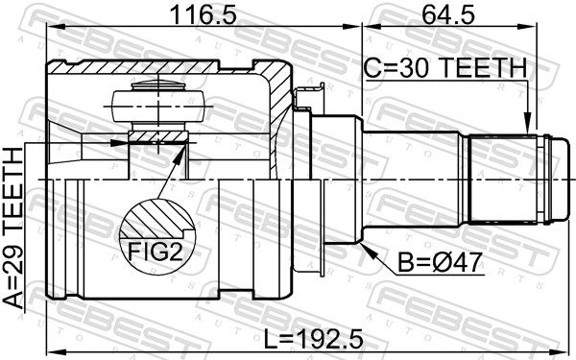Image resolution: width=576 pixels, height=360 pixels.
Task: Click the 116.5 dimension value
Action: [x=204, y=15]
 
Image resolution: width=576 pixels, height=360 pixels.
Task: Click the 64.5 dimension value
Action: [x=448, y=15]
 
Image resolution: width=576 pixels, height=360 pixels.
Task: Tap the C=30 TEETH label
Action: [x=445, y=68]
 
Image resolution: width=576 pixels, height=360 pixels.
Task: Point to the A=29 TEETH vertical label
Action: [x=13, y=228]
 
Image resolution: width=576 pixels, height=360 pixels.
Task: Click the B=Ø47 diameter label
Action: [x=440, y=262]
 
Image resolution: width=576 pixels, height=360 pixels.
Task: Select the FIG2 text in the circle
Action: [x=155, y=252]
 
